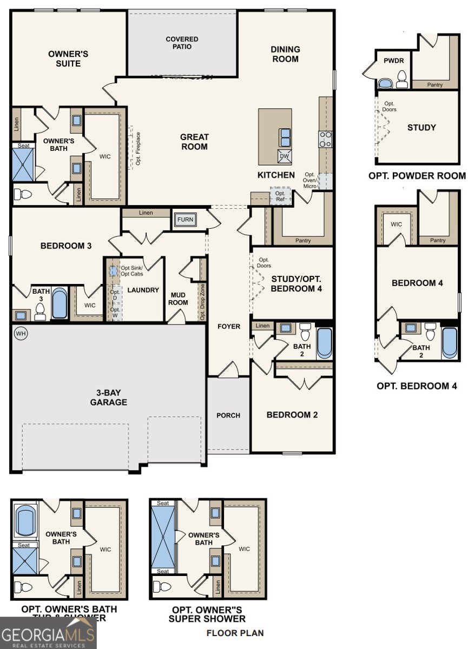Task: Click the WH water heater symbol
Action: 21,333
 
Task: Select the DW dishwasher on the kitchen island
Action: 285,157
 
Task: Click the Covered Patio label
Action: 182,43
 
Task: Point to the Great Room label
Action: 194,142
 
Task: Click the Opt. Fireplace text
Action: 139,148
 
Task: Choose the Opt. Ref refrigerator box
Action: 280,196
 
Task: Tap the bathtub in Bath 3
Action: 59,303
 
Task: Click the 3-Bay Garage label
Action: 108,398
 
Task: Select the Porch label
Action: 228,415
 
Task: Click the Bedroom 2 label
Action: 292,415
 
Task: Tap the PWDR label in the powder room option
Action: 394,61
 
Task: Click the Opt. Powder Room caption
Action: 417,176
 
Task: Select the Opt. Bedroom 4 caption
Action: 417,386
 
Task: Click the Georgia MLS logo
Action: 48,633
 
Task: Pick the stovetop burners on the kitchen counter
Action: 325,139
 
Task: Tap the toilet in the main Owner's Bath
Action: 23,194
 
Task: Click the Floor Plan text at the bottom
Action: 235,633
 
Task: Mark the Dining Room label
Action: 285,54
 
